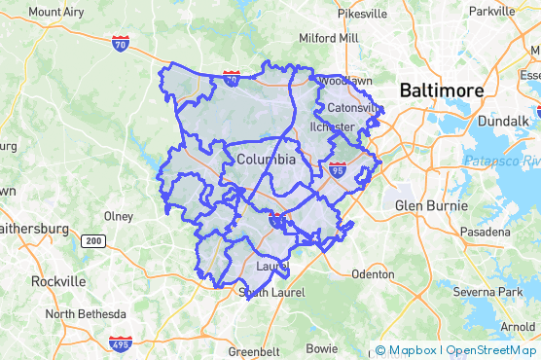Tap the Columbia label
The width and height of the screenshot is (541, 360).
pos(266,159)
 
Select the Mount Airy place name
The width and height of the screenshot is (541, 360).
pos(56,12)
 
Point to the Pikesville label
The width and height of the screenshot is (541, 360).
pos(362,14)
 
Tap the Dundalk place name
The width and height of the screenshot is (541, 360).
pos(504,122)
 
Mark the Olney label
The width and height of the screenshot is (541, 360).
pos(119,215)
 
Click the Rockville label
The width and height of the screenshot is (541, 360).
pos(57,280)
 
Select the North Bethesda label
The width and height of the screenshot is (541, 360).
pos(86,314)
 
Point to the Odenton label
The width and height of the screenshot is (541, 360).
pos(373,274)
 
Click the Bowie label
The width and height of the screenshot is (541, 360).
pos(322,347)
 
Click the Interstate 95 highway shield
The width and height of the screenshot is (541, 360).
pos(338,168)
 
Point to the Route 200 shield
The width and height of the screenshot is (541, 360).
pos(93,240)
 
